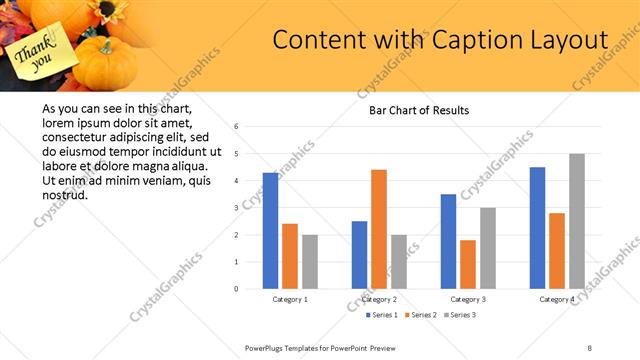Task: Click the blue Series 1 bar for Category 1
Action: pyautogui.click(x=270, y=231)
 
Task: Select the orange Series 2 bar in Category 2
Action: pyautogui.click(x=379, y=229)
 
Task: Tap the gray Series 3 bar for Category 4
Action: pyautogui.click(x=577, y=221)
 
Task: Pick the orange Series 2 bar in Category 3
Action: pyautogui.click(x=468, y=264)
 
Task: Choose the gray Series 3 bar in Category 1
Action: pyautogui.click(x=310, y=262)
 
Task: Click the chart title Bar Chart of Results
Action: pyautogui.click(x=412, y=110)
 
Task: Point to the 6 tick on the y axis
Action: pyautogui.click(x=236, y=127)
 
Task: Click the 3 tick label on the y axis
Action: pyautogui.click(x=236, y=208)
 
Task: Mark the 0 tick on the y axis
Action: pyautogui.click(x=236, y=289)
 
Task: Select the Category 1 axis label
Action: pyautogui.click(x=290, y=299)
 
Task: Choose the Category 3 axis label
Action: pyautogui.click(x=468, y=299)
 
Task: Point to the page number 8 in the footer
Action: pyautogui.click(x=589, y=346)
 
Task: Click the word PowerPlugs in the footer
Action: pyautogui.click(x=268, y=346)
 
